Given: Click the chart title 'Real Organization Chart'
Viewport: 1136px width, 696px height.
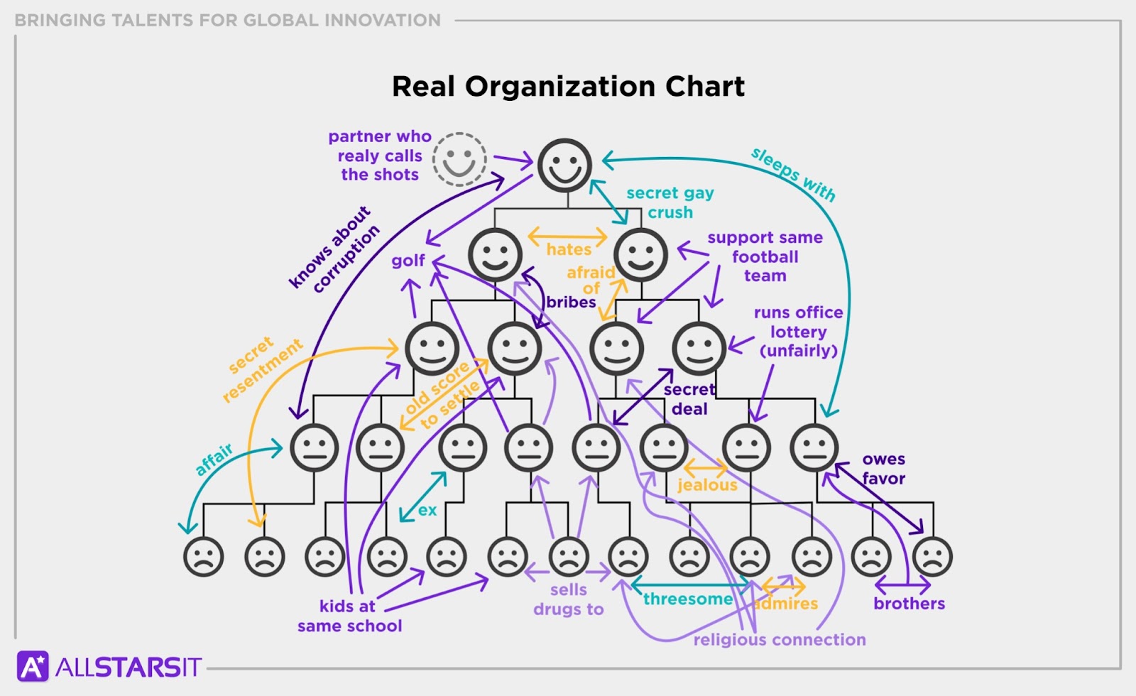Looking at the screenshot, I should (x=568, y=87).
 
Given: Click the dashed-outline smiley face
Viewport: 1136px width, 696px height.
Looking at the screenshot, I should (x=460, y=160).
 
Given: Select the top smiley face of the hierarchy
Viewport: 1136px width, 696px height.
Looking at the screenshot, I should (x=564, y=165).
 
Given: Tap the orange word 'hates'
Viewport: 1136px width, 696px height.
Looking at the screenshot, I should (x=569, y=250).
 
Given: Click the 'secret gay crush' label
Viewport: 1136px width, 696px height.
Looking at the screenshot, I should (x=670, y=203).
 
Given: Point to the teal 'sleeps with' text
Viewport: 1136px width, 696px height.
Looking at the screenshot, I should (x=793, y=175).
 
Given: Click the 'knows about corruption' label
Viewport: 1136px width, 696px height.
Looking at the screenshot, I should (x=334, y=249).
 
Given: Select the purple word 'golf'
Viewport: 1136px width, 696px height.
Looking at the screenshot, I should (x=408, y=261).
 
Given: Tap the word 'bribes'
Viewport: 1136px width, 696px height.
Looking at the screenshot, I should (x=571, y=303).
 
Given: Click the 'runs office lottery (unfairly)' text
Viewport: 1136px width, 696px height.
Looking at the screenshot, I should (x=798, y=332).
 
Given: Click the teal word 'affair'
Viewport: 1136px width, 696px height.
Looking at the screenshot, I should (x=214, y=460).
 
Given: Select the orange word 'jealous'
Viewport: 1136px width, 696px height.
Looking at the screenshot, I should (x=707, y=485).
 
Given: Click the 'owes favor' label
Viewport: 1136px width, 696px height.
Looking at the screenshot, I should (x=883, y=469).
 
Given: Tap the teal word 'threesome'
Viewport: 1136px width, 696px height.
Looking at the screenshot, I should (x=687, y=599).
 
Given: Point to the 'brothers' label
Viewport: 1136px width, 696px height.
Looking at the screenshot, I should (x=909, y=604).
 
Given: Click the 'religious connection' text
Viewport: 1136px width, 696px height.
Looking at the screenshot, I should (x=779, y=640).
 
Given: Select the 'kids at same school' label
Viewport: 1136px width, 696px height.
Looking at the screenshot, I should (x=349, y=616).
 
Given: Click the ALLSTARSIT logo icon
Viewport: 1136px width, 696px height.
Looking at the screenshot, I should (x=33, y=667).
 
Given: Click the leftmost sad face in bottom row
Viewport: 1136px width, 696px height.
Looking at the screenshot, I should (x=204, y=556).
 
